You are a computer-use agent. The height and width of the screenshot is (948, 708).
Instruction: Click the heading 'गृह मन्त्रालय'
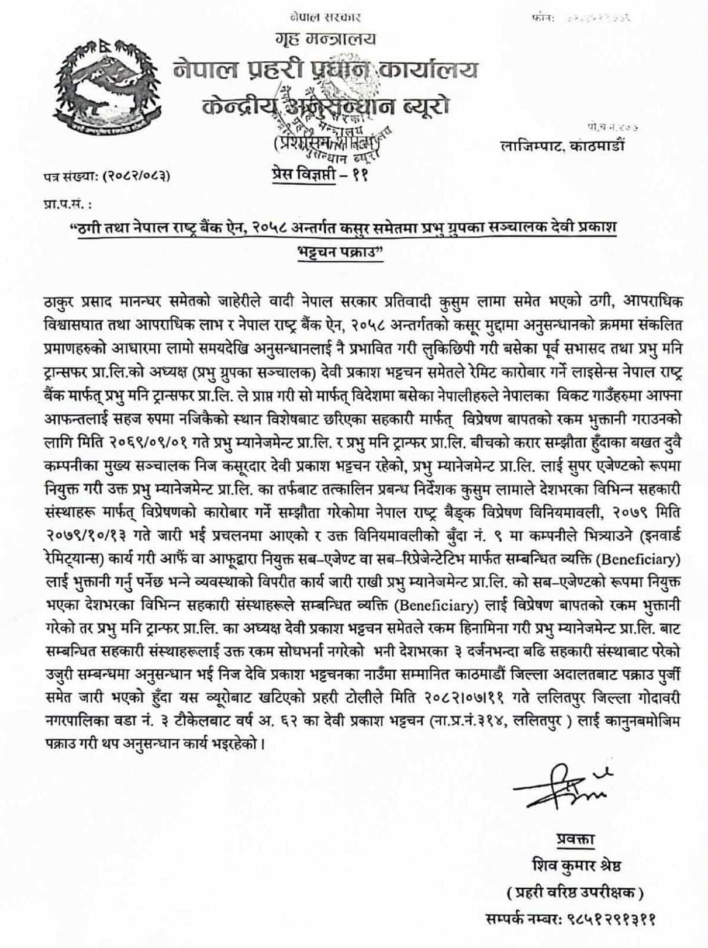325,40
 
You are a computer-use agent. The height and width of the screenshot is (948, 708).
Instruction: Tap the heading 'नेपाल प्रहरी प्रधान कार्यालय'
325,71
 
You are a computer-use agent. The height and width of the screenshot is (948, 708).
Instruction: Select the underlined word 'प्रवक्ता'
575,840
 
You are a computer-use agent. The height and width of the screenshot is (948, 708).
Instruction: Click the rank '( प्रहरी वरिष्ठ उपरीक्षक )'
575,892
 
